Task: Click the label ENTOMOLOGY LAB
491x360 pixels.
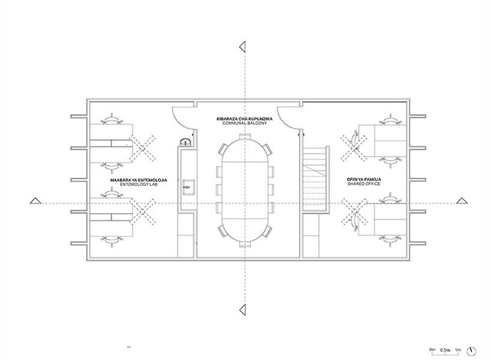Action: (x=139, y=185)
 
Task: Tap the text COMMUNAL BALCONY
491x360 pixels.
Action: (x=244, y=124)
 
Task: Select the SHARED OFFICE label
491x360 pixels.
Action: (x=364, y=184)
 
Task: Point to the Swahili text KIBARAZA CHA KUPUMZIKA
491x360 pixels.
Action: (x=244, y=119)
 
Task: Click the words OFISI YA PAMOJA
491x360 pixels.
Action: (x=364, y=179)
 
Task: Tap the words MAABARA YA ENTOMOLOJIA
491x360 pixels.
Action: (x=139, y=181)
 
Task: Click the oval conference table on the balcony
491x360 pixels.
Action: (x=245, y=190)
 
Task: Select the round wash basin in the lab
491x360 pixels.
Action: (x=186, y=142)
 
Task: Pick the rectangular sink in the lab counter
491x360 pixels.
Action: (x=189, y=187)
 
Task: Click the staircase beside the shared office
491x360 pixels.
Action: (x=316, y=179)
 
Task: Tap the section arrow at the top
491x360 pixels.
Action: (x=242, y=47)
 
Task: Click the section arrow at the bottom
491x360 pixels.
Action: (x=242, y=310)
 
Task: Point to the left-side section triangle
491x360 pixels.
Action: (x=35, y=201)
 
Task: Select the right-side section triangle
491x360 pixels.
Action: (x=462, y=201)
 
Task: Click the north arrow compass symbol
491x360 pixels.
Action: (x=471, y=351)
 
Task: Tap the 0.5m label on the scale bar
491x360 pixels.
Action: (x=445, y=350)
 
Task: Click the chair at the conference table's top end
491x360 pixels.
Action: (x=245, y=136)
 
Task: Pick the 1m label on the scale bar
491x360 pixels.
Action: (x=458, y=349)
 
